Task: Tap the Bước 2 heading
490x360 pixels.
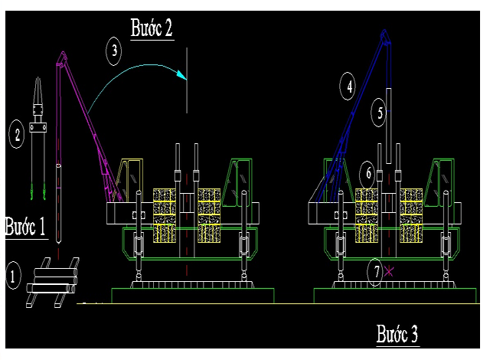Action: [152, 28]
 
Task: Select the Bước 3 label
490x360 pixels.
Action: [397, 334]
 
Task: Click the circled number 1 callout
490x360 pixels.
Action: [13, 275]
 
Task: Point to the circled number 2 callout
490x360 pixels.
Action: [17, 134]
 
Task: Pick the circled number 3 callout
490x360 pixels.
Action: [114, 51]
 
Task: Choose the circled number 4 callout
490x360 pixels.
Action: [348, 87]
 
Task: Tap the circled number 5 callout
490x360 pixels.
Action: [379, 113]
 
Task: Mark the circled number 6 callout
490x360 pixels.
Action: [367, 173]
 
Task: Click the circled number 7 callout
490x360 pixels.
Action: [375, 272]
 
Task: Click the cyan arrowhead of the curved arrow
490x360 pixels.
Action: [182, 75]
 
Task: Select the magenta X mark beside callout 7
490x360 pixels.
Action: [388, 271]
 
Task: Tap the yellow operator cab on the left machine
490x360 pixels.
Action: [129, 180]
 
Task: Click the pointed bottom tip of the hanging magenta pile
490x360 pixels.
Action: [58, 242]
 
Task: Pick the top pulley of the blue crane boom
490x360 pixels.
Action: [384, 36]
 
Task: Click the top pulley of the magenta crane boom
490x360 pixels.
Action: [62, 57]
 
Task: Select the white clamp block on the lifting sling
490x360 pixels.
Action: [38, 127]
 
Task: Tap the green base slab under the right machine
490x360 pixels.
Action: [395, 296]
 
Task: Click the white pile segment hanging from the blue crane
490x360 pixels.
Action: [388, 126]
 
